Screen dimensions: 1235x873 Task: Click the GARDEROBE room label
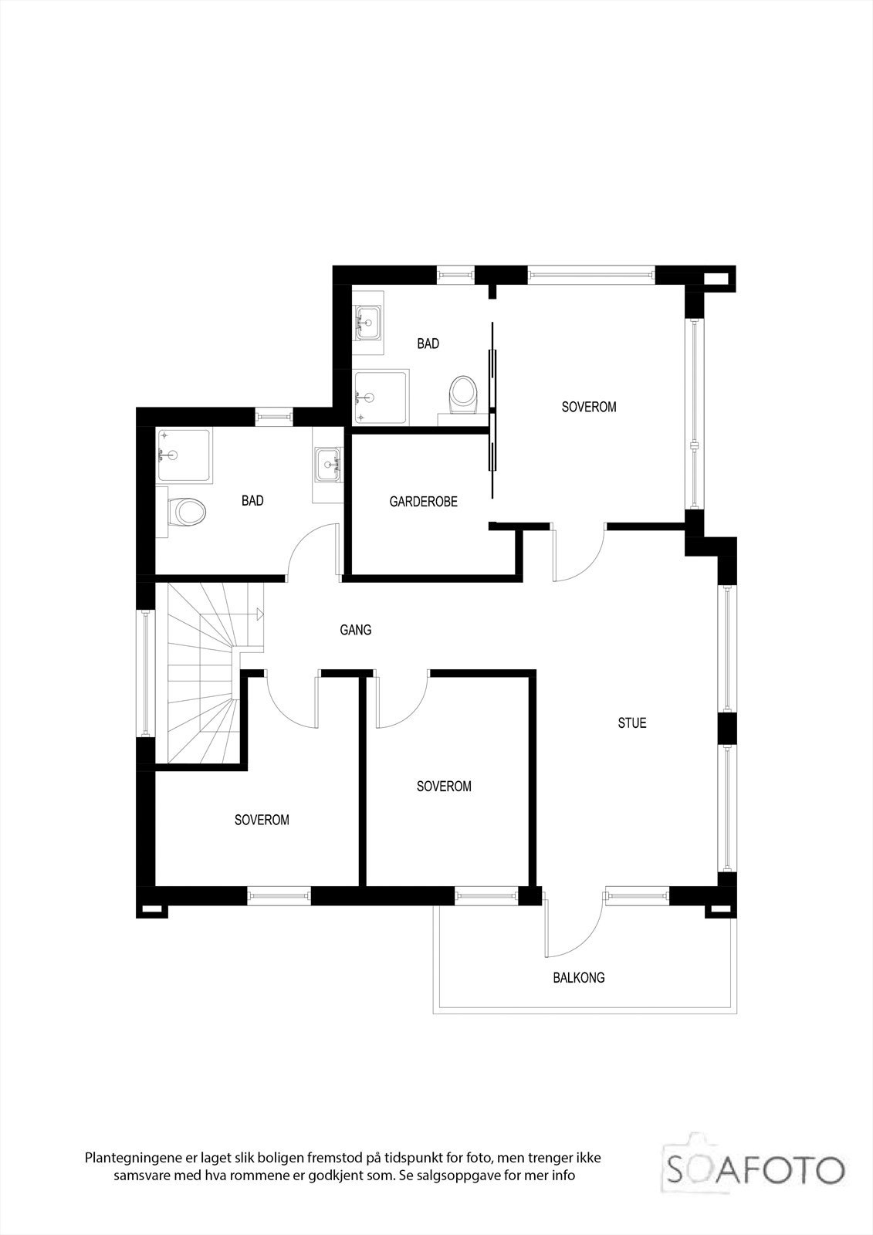point(423,502)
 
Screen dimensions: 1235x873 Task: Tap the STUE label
point(631,723)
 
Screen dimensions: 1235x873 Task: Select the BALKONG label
point(578,977)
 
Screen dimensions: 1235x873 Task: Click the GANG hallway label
point(355,630)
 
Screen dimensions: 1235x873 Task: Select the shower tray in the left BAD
point(183,455)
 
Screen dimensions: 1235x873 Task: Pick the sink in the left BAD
point(328,465)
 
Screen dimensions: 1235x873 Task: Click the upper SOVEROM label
point(588,407)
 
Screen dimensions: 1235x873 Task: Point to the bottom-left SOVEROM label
point(262,820)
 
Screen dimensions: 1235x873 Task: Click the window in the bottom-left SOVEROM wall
point(278,895)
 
